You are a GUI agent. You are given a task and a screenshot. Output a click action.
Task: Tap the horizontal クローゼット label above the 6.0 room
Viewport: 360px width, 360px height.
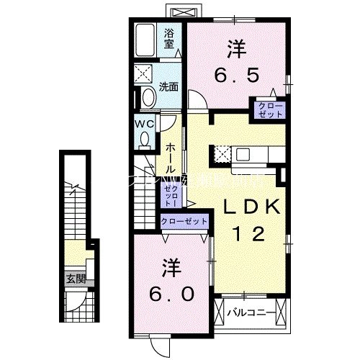pos(183,221)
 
